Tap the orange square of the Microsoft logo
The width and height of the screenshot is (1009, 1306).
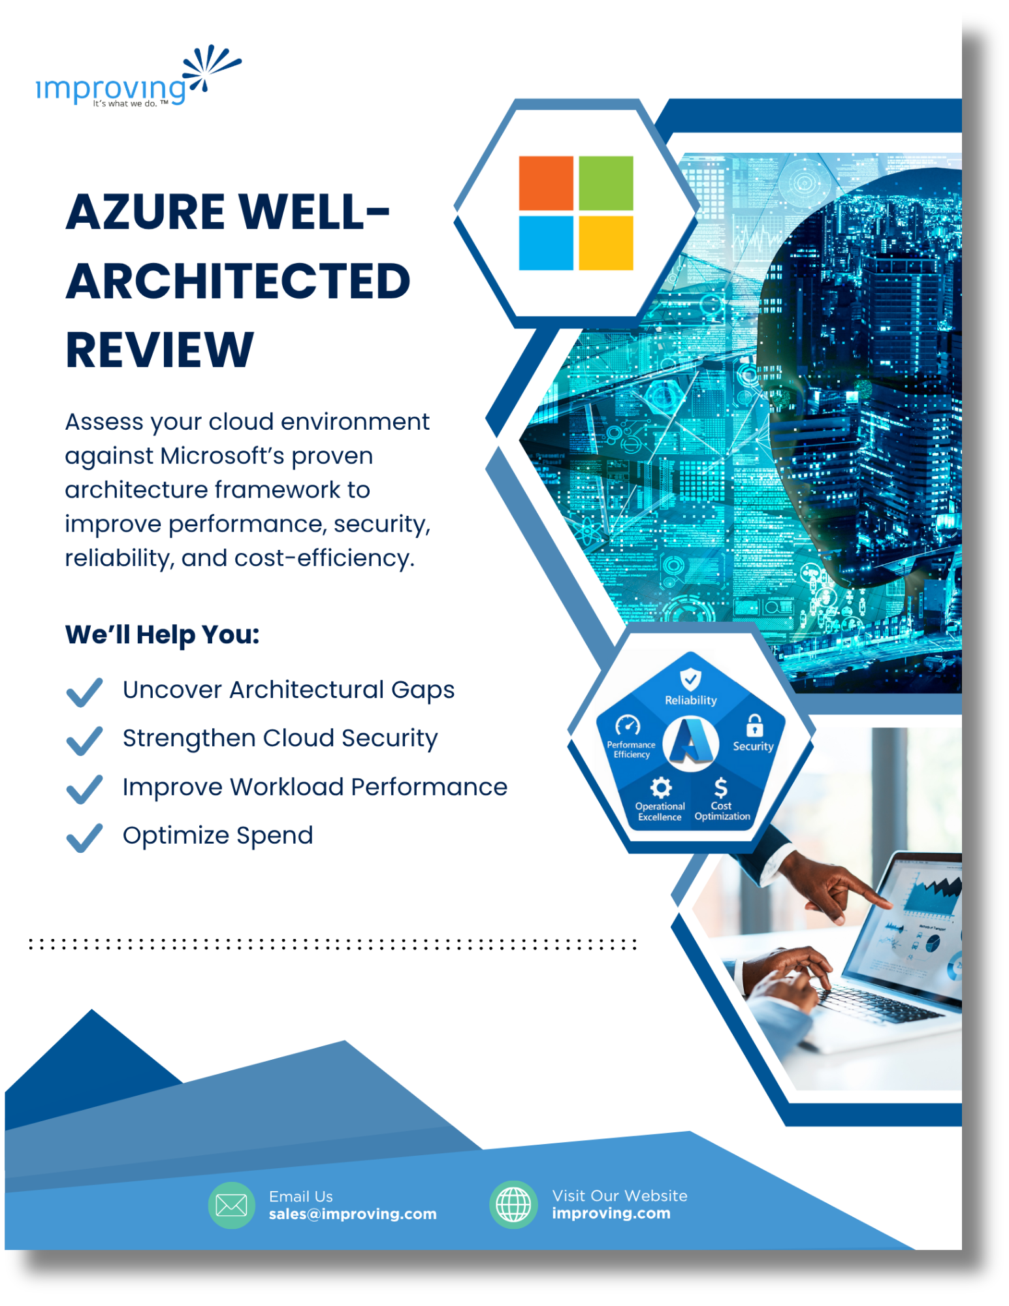[x=545, y=183]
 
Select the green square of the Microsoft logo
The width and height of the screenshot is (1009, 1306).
[x=605, y=183]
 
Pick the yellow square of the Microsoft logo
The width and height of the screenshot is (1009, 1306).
[x=605, y=243]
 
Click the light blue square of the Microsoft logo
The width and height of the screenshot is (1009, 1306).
[x=545, y=243]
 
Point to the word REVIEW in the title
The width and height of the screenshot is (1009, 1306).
[x=159, y=350]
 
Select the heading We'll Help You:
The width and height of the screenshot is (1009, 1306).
[x=162, y=634]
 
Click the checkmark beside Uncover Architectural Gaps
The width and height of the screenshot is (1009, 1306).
[x=84, y=692]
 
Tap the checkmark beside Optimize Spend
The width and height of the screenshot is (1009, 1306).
[x=84, y=837]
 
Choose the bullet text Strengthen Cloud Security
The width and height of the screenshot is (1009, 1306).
[x=280, y=738]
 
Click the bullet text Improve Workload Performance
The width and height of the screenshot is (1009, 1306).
[x=315, y=787]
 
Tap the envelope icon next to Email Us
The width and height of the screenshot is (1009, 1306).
[x=231, y=1205]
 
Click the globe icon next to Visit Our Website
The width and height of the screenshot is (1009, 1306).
[x=513, y=1205]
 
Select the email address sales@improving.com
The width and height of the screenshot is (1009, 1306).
[x=353, y=1214]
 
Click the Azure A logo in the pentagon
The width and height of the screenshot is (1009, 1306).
[x=690, y=742]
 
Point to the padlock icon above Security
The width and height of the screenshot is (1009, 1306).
[x=754, y=725]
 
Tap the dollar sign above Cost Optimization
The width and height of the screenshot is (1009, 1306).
[x=720, y=788]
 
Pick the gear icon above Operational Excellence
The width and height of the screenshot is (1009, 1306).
[x=661, y=788]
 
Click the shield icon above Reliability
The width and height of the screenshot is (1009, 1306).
[x=690, y=679]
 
